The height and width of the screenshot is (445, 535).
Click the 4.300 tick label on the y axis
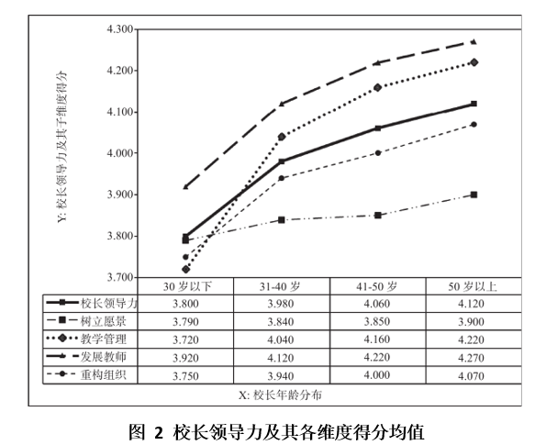click(x=120, y=29)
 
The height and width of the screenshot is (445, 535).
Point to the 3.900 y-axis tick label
click(x=120, y=195)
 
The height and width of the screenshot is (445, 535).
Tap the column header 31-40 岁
click(x=280, y=286)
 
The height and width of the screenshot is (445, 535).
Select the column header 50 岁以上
click(x=473, y=286)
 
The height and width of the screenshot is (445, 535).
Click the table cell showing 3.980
click(x=281, y=304)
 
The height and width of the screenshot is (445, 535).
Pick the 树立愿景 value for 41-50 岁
click(x=376, y=321)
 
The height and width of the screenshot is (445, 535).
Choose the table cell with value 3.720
click(x=185, y=339)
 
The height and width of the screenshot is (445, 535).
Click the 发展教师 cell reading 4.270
click(x=471, y=358)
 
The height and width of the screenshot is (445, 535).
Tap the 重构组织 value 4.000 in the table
click(x=376, y=375)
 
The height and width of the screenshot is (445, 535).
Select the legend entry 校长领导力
click(x=92, y=303)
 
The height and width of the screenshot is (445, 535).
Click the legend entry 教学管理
click(x=86, y=339)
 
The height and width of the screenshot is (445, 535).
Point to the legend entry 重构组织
click(x=86, y=374)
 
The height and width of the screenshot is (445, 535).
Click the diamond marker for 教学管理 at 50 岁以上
click(x=474, y=62)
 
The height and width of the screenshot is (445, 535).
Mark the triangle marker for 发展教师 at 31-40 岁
click(x=282, y=104)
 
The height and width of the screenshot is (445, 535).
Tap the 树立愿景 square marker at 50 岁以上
click(x=474, y=195)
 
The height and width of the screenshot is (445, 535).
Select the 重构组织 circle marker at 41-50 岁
click(x=378, y=153)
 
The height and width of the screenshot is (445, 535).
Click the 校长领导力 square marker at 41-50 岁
click(x=378, y=128)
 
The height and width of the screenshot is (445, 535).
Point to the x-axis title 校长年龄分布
click(x=280, y=395)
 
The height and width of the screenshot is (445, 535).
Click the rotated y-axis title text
click(x=62, y=147)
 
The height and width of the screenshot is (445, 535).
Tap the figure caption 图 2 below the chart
click(x=147, y=431)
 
